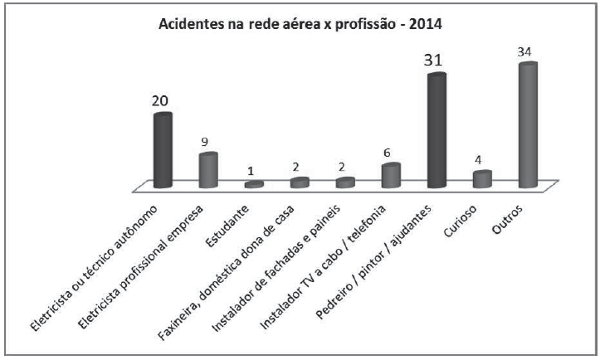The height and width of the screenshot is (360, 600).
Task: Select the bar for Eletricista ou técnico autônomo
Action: coord(163,151)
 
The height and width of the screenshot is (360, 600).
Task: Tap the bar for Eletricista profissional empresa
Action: coord(208,170)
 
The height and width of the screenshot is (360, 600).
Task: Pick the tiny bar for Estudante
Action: coord(254,184)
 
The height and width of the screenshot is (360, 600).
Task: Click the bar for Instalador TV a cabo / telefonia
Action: coord(391,176)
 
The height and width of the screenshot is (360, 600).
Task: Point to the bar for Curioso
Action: coord(481,179)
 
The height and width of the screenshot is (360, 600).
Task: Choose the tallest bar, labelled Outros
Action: coord(528,124)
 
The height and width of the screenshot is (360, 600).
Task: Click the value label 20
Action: coord(160,101)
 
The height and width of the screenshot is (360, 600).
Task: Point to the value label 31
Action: coord(434,61)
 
